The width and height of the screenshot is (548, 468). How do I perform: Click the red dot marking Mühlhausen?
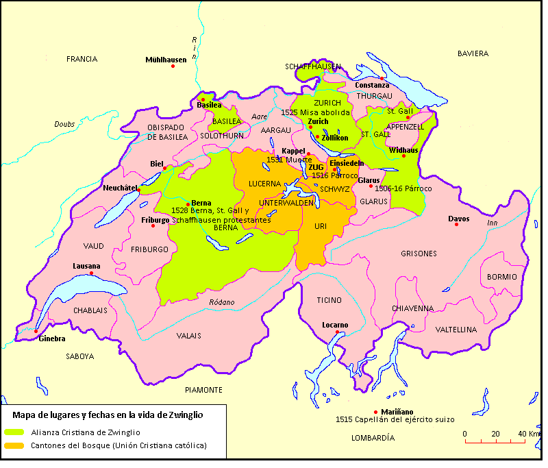(x=173, y=66)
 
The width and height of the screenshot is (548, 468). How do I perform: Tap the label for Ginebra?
(x=52, y=339)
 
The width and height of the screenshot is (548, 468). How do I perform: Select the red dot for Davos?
(x=456, y=225)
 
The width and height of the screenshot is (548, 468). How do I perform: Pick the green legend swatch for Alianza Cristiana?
(x=13, y=432)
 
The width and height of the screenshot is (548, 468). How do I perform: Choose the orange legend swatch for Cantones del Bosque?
(x=13, y=445)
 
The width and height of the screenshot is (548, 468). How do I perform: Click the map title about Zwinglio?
(x=108, y=415)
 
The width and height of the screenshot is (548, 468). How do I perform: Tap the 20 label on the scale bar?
(x=495, y=434)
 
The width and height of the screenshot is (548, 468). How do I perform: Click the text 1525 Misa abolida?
(x=315, y=112)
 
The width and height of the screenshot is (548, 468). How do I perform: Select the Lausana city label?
(x=86, y=266)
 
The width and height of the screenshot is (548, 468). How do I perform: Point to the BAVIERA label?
(x=473, y=53)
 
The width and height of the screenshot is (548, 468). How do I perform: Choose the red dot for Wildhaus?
(x=404, y=156)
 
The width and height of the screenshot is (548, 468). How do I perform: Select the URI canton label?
(x=321, y=225)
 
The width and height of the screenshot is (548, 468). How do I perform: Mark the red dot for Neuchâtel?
(x=139, y=190)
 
